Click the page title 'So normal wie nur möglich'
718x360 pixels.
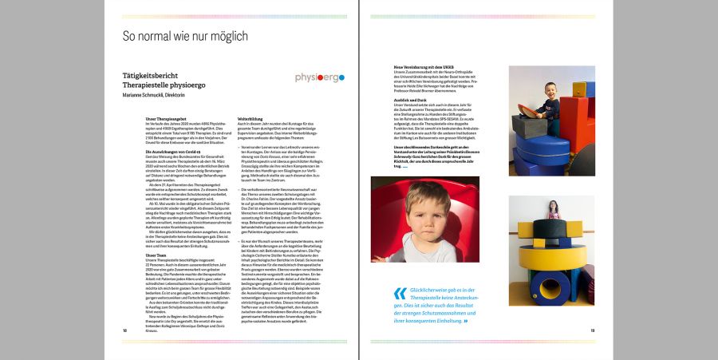[184, 37]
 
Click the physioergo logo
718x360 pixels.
[319, 77]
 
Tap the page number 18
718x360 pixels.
[124, 329]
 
